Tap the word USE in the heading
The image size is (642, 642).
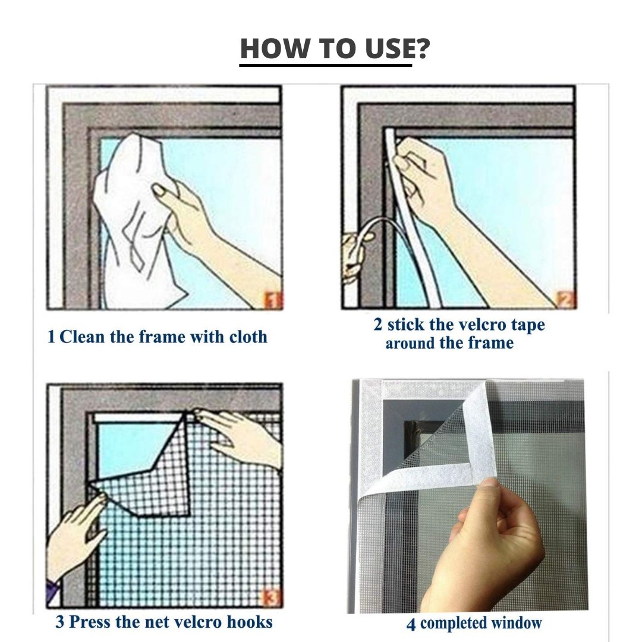(380, 49)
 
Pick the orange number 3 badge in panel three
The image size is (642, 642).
(271, 596)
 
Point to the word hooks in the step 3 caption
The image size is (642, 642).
(249, 622)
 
